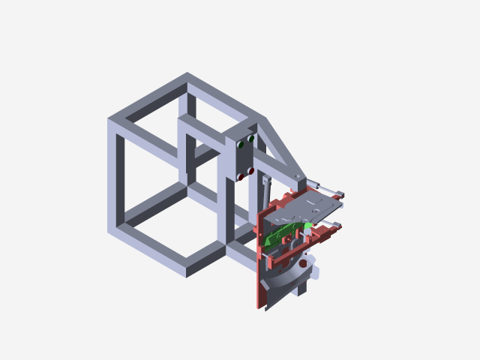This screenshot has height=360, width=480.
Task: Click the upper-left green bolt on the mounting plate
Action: point(240,144)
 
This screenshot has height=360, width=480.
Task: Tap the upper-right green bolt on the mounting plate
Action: point(250,139)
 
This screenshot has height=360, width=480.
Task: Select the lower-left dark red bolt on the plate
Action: point(241,177)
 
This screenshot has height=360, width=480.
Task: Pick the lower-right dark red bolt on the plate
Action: point(250,172)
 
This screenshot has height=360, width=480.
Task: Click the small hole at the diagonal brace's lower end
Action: point(298,177)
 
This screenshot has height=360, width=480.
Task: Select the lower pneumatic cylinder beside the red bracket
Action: point(327,226)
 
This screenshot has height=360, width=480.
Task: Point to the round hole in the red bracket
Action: point(302,263)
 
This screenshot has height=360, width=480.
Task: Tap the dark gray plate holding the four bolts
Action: point(245,158)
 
